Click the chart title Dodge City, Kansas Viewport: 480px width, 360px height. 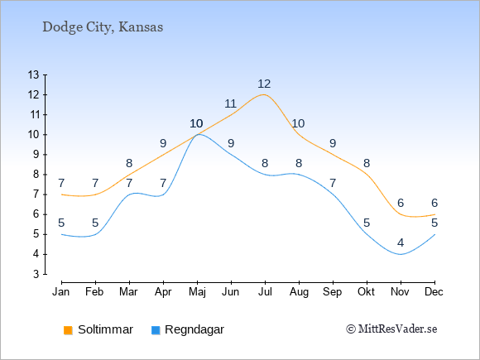tap(103, 27)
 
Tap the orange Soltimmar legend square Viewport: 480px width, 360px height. tap(68, 330)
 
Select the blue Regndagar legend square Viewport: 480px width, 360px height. tap(156, 330)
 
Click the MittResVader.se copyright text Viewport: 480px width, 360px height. tap(391, 329)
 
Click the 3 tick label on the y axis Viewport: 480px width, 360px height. tap(36, 274)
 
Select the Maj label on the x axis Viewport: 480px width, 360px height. tap(197, 292)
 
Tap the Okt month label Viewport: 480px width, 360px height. tap(366, 292)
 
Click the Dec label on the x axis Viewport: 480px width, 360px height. tap(434, 292)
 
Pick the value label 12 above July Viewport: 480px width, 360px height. tap(264, 84)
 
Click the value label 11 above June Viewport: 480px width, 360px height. tap(230, 103)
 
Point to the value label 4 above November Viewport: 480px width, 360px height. tap(401, 242)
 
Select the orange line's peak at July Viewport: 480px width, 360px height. tap(264, 94)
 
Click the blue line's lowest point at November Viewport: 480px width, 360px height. tap(401, 254)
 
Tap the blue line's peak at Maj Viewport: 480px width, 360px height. tap(199, 134)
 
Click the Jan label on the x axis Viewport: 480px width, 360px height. tap(61, 292)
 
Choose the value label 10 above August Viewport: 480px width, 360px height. tap(298, 123)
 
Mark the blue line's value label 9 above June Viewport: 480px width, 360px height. tap(231, 143)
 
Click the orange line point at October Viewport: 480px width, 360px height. tap(367, 175)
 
